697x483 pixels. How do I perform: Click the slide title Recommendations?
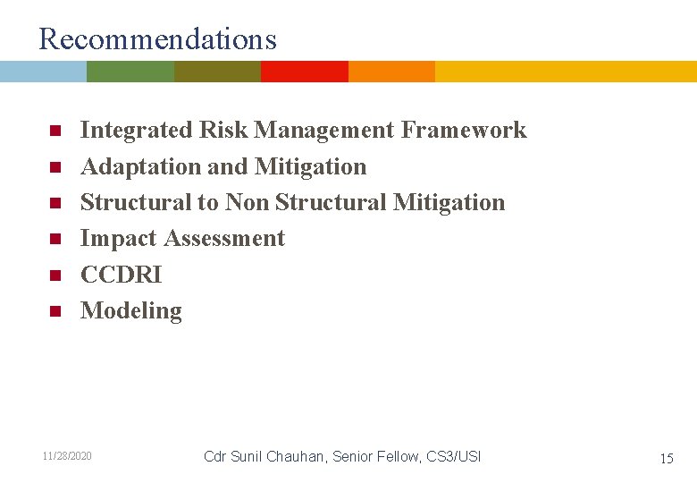158,39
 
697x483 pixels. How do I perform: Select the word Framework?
464,131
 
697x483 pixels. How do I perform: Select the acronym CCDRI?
121,275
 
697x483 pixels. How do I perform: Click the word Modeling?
130,311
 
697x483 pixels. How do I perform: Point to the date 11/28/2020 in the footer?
67,457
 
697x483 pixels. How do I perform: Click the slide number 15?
666,458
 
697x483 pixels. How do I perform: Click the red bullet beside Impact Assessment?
54,240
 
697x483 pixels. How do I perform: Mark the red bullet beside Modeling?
54,312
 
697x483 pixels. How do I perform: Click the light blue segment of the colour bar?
43,72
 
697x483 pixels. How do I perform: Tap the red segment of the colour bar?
304,72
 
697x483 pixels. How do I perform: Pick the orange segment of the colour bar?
391,72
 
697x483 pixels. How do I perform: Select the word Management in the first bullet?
324,131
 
